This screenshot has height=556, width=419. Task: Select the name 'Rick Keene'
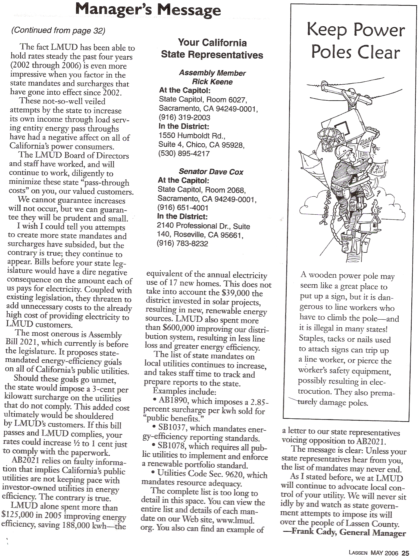212,82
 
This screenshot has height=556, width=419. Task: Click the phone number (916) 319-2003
185,118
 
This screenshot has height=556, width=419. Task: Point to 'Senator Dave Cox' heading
211,172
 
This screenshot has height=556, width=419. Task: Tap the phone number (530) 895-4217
184,154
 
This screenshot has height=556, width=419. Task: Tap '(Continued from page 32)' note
58,30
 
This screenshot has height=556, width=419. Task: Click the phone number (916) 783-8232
182,243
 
